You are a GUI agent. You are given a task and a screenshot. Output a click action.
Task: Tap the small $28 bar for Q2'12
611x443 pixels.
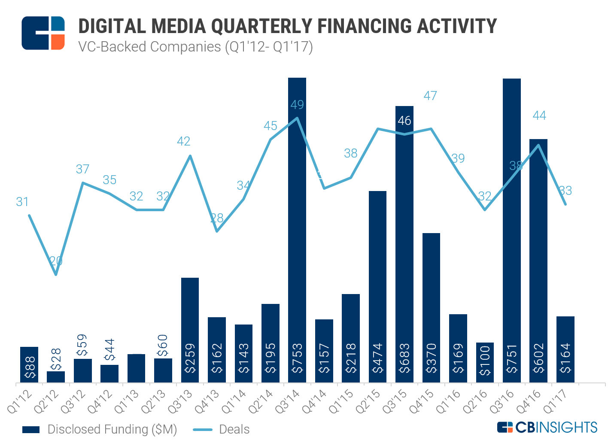[x=56, y=376]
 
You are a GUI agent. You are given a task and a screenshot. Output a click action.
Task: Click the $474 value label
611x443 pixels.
[x=377, y=358]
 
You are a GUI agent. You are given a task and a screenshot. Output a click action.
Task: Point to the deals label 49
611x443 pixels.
[x=297, y=105]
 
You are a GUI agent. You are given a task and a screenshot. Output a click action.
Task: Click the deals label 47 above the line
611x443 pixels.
[x=430, y=96]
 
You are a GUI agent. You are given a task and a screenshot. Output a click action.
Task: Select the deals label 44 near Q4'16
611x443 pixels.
[x=539, y=115]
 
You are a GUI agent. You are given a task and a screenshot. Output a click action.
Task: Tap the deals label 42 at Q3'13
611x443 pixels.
[x=184, y=141]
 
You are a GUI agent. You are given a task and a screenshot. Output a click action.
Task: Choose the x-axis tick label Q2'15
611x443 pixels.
[x=369, y=401]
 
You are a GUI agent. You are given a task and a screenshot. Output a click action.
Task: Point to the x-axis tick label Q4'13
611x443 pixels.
[x=208, y=401]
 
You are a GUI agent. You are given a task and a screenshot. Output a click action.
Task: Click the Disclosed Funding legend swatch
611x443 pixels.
[x=30, y=430]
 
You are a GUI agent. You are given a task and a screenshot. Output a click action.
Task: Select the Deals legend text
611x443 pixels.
[x=234, y=429]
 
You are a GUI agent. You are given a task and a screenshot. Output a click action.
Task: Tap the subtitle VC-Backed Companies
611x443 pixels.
[x=150, y=46]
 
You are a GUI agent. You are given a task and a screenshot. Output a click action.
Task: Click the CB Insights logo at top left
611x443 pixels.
[x=43, y=33]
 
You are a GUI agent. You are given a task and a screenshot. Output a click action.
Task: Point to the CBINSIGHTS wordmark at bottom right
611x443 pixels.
[x=547, y=427]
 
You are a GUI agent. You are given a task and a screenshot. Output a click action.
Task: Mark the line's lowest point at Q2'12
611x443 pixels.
[x=56, y=274]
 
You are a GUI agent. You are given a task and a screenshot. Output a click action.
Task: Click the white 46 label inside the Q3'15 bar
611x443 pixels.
[x=404, y=121]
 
